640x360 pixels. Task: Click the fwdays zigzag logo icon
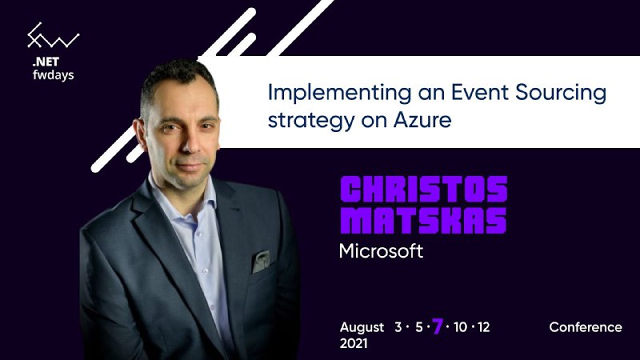coord(53,36)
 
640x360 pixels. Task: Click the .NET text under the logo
coord(46,62)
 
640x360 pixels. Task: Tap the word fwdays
coord(53,74)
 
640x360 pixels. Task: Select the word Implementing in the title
coord(339,93)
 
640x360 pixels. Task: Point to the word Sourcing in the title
coord(561,93)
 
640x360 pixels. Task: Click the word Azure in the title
coord(422,120)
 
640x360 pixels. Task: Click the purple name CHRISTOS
coord(424,189)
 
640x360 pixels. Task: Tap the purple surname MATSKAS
coord(423,221)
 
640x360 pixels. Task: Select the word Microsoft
coord(381,251)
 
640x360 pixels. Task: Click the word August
coord(362,328)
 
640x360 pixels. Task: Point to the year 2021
coord(354,343)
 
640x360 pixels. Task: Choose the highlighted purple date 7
coord(438,326)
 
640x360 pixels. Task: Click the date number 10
coord(460,327)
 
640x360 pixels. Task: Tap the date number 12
coord(483,327)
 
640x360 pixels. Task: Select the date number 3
coord(398,327)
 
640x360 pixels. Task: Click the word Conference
coord(586,327)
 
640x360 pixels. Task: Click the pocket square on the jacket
coord(261,262)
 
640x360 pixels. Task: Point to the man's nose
coord(191,143)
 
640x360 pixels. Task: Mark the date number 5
coord(419,327)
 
